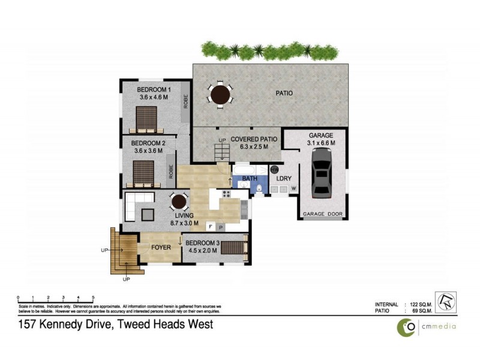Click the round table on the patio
click(x=220, y=94)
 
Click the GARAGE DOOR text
click(x=322, y=214)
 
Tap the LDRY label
click(x=283, y=178)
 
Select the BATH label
click(x=250, y=178)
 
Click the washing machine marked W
click(x=294, y=188)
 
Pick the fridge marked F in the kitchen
click(x=211, y=227)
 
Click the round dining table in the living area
click(x=178, y=202)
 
